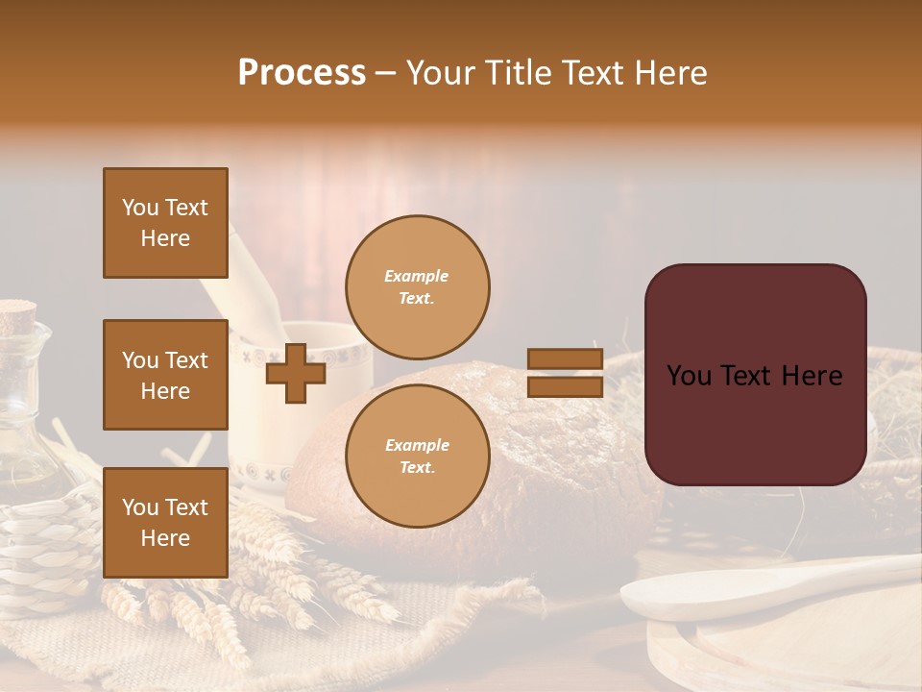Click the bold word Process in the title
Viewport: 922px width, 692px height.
point(302,73)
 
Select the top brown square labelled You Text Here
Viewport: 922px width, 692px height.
point(165,223)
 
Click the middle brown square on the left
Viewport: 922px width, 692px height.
point(165,375)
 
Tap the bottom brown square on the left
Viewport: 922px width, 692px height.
point(165,523)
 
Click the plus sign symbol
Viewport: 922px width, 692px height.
point(296,374)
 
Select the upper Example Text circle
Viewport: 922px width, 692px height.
point(417,286)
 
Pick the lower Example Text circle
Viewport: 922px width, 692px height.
point(417,456)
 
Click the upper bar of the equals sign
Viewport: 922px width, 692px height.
point(565,359)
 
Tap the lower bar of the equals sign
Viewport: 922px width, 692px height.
point(565,387)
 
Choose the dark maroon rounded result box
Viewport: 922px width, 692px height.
point(755,375)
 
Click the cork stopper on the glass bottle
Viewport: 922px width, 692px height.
point(16,313)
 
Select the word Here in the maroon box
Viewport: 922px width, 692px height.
point(812,376)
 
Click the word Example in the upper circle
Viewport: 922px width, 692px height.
point(416,276)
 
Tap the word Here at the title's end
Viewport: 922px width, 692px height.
point(671,73)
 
